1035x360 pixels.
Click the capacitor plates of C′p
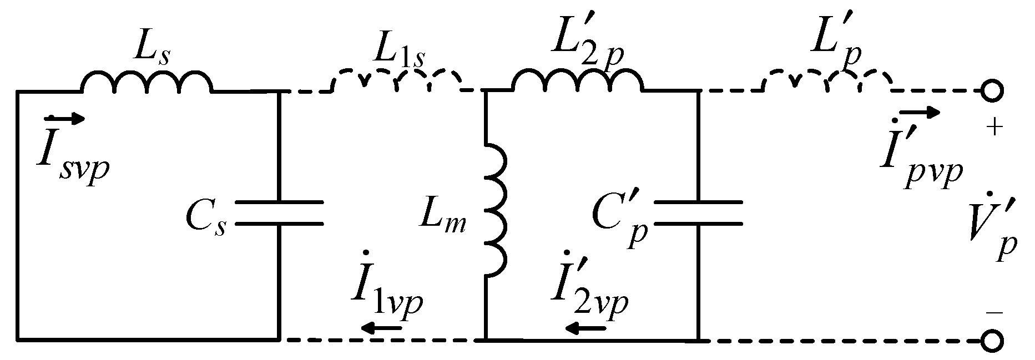coord(698,214)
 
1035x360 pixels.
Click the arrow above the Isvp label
coord(65,118)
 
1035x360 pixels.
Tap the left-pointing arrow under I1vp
coord(381,329)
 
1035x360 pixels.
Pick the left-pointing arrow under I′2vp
coord(585,329)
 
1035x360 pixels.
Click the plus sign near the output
coord(994,128)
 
